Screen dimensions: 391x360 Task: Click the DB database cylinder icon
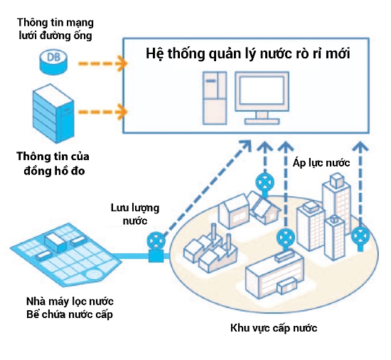coord(53,62)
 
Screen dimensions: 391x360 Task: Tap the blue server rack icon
coord(53,114)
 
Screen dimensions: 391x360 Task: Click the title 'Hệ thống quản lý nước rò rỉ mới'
coord(248,54)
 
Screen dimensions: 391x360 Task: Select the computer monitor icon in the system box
coord(262,97)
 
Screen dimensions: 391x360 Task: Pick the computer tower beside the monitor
coord(215,97)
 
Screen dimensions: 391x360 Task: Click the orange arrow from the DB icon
coord(103,63)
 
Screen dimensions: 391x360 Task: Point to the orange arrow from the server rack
coord(103,112)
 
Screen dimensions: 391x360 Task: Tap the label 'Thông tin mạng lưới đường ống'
coord(55,29)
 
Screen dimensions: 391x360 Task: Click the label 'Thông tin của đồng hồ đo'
coord(53,164)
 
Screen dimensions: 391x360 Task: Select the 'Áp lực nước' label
coord(321,163)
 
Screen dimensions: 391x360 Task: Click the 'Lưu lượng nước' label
coord(135,214)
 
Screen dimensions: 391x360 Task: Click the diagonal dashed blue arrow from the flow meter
coord(208,189)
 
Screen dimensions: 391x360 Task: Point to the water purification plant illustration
coord(66,255)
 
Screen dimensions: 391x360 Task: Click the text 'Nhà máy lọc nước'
coord(70,302)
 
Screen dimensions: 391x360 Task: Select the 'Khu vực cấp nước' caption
coord(274,328)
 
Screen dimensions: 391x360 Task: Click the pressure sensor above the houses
coord(264,184)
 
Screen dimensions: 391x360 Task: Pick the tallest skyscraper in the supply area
coord(337,200)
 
